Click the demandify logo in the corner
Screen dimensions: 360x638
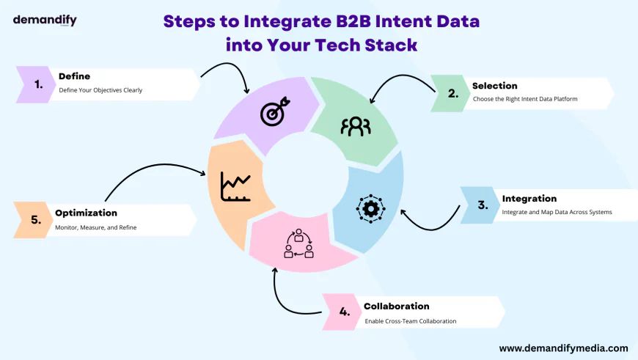45,20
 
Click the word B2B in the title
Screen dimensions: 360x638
342,21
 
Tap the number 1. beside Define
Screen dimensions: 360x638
39,84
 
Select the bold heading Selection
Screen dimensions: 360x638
494,86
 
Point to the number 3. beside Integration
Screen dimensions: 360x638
483,205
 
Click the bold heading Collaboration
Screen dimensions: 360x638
396,306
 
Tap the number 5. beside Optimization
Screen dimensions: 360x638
36,218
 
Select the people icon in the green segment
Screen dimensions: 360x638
356,125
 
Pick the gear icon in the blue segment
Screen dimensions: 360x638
370,208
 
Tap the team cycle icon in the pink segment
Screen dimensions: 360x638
298,244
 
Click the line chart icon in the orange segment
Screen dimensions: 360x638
236,186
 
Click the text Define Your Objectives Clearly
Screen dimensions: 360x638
100,90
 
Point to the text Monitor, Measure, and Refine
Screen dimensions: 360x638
95,227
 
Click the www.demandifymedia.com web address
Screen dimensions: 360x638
563,348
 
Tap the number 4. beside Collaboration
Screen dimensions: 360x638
345,312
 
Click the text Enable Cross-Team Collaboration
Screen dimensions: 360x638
410,321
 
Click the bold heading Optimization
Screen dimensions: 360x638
86,213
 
